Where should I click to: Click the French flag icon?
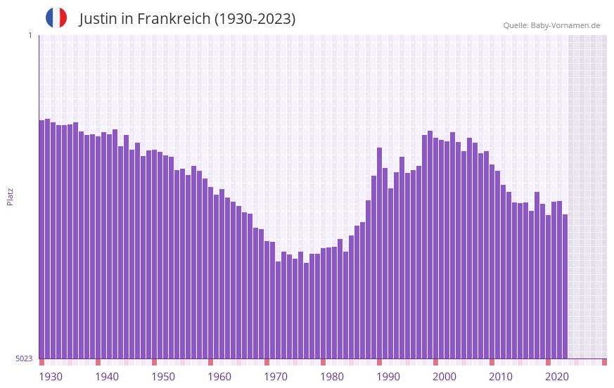click(56, 18)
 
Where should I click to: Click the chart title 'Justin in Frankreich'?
click(187, 19)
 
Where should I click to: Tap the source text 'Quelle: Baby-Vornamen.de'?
click(551, 25)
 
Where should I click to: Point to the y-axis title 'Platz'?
click(10, 196)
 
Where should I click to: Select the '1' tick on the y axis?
click(30, 35)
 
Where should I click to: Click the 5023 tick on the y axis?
click(24, 358)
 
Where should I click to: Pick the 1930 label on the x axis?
click(51, 377)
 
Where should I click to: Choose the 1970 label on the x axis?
click(276, 377)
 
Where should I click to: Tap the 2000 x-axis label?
click(444, 377)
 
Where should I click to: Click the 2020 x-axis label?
click(557, 377)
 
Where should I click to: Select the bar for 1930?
click(41, 239)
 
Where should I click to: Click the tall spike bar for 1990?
click(379, 253)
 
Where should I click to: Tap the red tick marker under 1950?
click(154, 362)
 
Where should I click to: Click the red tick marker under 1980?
click(323, 362)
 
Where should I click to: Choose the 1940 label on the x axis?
click(107, 377)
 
